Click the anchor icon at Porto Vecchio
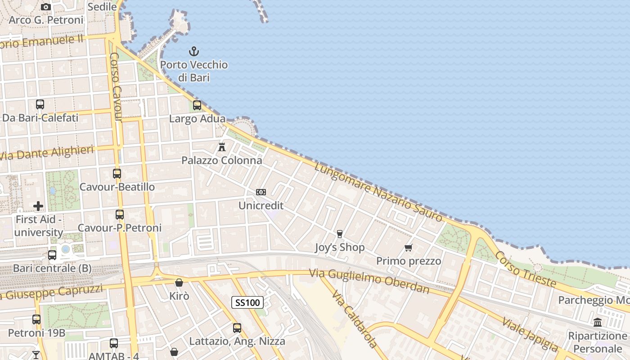(194, 51)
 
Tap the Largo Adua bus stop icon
(197, 105)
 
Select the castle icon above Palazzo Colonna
(221, 147)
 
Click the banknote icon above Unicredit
(261, 192)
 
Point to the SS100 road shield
(247, 302)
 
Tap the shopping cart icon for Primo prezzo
(409, 247)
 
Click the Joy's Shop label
(340, 247)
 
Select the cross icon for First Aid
(38, 206)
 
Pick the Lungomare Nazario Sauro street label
(378, 192)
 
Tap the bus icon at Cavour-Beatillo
(117, 173)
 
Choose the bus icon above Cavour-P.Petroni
(120, 214)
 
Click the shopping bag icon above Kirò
(179, 283)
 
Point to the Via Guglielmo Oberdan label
(369, 280)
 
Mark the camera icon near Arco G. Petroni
(45, 7)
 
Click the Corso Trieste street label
(525, 269)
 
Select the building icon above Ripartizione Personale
(598, 322)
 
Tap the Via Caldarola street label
(355, 319)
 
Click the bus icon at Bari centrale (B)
(52, 255)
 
